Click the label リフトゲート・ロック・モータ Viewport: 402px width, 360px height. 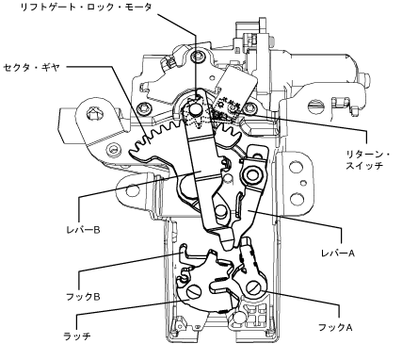[86, 8]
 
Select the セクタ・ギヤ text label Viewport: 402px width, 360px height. [31, 67]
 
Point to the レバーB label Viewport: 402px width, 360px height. [83, 230]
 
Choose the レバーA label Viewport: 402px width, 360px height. [338, 253]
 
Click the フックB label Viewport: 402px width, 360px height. [83, 297]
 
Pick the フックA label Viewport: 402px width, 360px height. [335, 327]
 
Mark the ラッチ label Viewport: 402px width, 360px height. [77, 336]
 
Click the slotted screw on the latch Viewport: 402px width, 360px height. [194, 292]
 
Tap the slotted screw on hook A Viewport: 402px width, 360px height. [254, 287]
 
